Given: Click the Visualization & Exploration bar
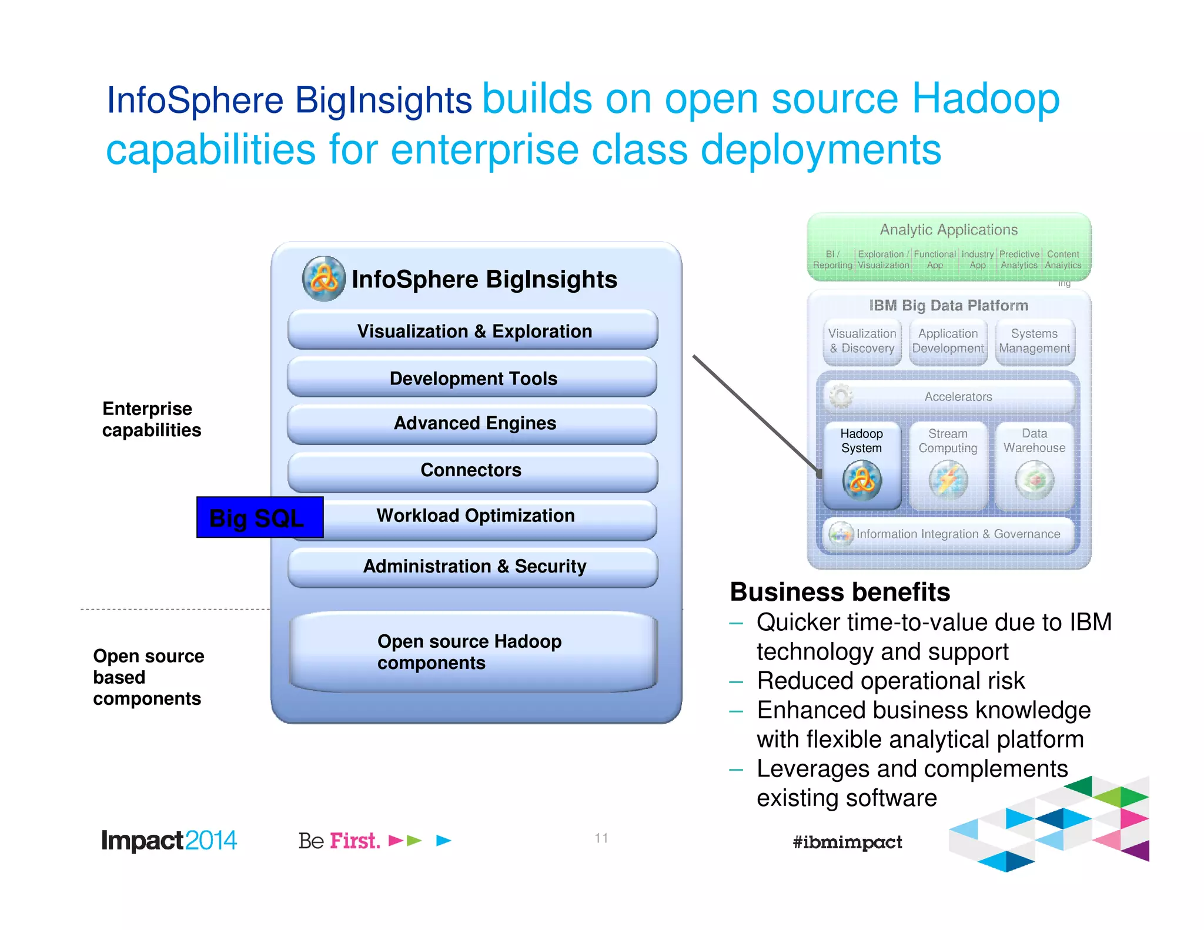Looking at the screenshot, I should tap(473, 331).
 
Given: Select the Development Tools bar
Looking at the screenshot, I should tap(473, 378).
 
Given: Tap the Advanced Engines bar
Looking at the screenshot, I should tap(473, 423).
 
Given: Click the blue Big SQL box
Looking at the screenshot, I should tap(259, 517).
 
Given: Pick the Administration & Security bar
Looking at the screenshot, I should tap(473, 566).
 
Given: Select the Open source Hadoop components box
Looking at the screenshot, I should tap(473, 651).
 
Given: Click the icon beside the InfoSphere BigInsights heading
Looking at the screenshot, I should tap(323, 279).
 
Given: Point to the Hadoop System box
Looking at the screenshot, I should tap(861, 464).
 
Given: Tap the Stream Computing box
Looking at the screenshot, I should tap(948, 464).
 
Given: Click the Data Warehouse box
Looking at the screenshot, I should tap(1034, 464).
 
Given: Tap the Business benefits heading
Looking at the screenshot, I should tap(840, 592).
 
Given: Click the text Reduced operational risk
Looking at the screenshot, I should tap(890, 681).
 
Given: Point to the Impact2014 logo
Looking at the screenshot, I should tap(169, 841).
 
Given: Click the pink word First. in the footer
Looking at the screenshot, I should tap(354, 841).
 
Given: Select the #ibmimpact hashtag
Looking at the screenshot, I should tap(847, 842).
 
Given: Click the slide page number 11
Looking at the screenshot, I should tap(601, 838).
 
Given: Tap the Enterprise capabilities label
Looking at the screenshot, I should tap(151, 419).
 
